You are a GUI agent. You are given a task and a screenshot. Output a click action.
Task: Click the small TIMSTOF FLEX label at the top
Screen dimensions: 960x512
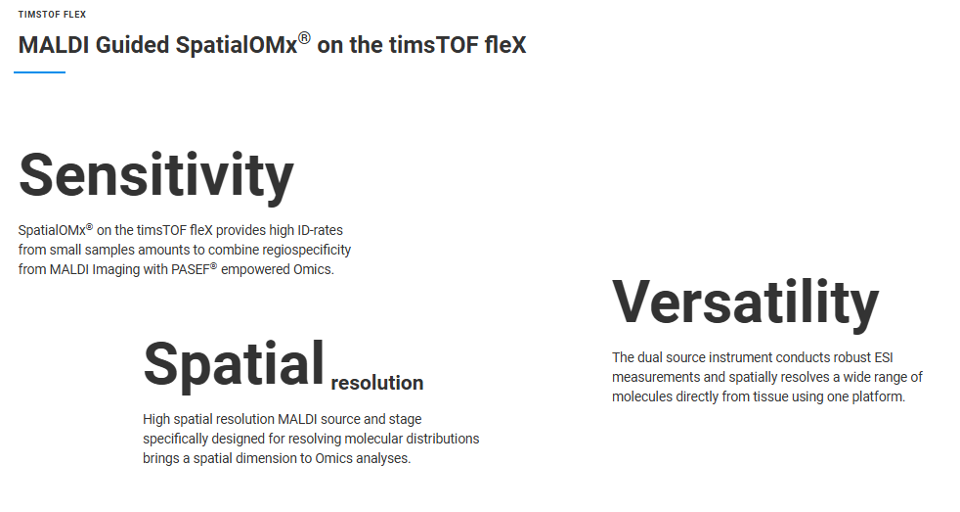point(52,14)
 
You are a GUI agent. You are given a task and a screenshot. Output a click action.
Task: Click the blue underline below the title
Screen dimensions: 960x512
point(40,72)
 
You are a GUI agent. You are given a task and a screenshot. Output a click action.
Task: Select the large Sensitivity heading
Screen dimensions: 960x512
point(156,176)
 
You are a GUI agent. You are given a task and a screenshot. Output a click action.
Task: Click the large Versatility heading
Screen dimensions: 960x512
point(745,303)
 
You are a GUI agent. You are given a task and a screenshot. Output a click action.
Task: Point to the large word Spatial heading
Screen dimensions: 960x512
point(234,365)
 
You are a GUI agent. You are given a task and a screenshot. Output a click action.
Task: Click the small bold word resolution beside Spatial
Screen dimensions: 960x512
point(377,383)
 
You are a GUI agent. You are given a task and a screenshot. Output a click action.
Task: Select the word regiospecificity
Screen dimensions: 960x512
point(301,251)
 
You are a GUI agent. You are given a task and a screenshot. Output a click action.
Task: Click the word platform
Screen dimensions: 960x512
point(879,396)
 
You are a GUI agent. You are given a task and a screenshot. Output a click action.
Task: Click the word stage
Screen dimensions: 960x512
point(406,420)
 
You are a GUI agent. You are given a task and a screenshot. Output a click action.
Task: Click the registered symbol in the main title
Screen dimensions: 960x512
point(304,38)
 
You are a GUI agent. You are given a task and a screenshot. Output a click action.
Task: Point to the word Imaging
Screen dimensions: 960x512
point(116,270)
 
